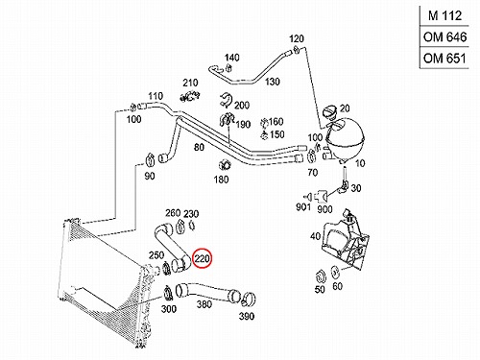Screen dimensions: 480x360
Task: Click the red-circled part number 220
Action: click(x=202, y=258)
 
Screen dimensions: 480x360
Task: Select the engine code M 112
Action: click(x=444, y=15)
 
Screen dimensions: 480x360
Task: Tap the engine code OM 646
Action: click(x=444, y=37)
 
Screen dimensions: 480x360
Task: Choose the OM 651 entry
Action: click(x=444, y=59)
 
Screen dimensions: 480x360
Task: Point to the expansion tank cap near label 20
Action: click(x=329, y=112)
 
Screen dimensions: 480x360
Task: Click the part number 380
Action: click(x=204, y=304)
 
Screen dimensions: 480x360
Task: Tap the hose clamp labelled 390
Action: click(x=249, y=299)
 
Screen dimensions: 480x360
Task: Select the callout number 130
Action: click(x=273, y=82)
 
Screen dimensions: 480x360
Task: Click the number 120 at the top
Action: click(x=296, y=38)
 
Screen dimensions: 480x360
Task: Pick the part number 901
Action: click(x=303, y=206)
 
